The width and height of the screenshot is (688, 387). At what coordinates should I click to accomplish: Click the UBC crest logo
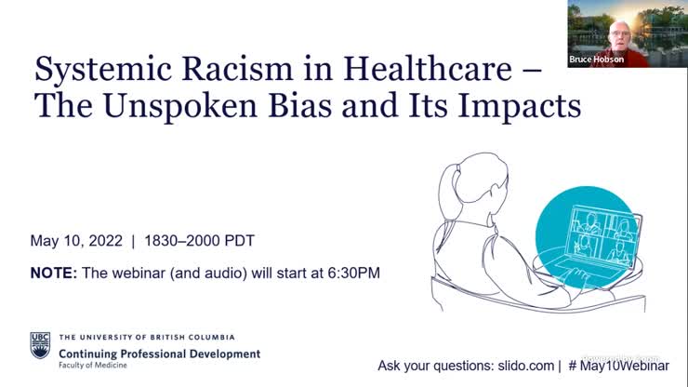(40, 344)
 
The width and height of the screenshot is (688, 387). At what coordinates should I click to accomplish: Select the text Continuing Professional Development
(159, 354)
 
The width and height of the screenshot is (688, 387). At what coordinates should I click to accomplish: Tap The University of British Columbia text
(147, 337)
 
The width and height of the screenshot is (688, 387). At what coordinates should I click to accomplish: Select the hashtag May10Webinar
(624, 366)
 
